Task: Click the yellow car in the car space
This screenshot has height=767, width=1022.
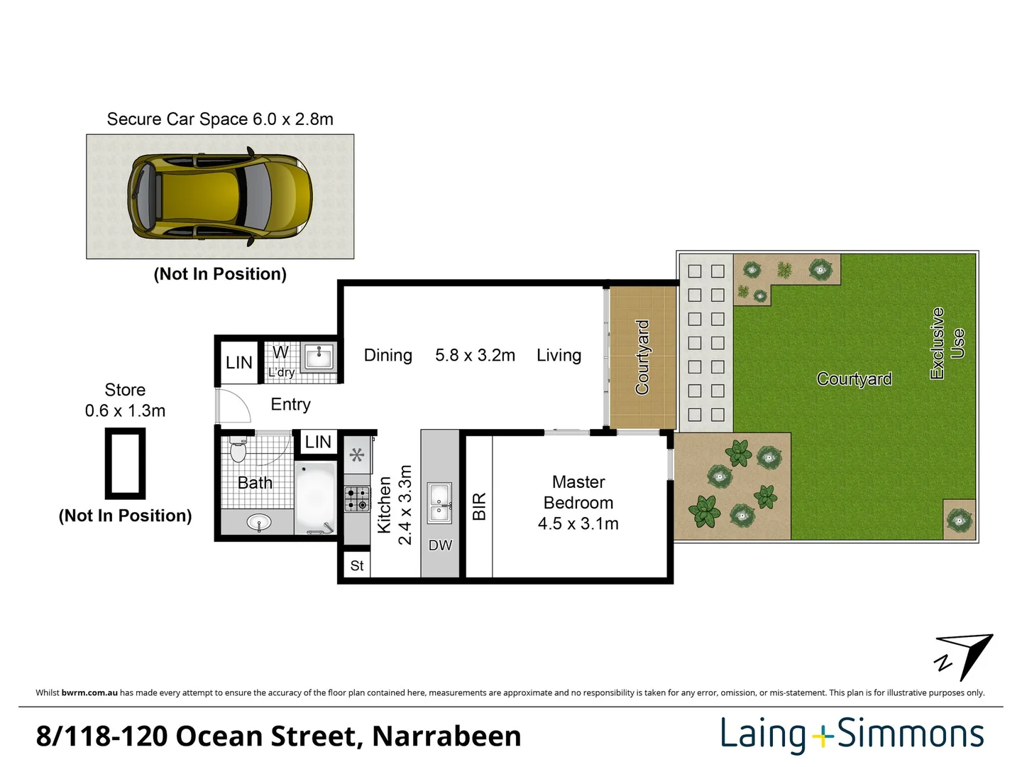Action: click(220, 197)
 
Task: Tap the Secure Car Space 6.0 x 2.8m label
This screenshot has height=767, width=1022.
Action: click(220, 119)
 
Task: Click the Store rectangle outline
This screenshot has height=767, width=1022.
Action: click(126, 464)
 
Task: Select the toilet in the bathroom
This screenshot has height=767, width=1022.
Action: click(238, 450)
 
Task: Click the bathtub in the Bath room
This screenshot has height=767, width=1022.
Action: click(314, 497)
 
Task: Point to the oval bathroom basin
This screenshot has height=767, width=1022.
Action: click(258, 523)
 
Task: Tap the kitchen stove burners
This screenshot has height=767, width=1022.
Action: click(357, 499)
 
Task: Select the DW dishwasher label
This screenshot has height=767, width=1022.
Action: click(440, 545)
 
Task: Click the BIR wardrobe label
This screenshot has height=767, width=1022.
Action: click(479, 506)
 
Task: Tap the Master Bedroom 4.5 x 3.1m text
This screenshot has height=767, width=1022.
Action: click(578, 503)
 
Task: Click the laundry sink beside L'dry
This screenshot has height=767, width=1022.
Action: click(319, 357)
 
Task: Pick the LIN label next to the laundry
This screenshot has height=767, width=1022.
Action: click(239, 363)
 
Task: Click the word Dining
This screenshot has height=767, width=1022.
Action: click(388, 355)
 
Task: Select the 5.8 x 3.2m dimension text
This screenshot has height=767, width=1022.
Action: click(475, 355)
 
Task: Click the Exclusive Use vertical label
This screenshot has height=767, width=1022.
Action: click(947, 344)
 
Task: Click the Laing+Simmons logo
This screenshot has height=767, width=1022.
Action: click(852, 734)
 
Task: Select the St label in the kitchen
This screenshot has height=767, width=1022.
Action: click(357, 566)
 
